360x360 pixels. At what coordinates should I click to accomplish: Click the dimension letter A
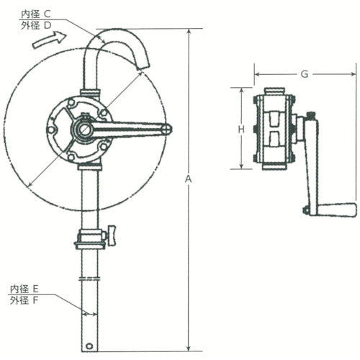click(189, 178)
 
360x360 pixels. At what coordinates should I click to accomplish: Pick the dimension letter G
click(305, 73)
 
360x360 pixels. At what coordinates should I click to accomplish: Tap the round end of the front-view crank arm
click(166, 130)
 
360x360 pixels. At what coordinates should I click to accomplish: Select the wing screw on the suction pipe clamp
click(112, 234)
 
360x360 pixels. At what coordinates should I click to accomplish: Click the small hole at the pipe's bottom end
click(88, 346)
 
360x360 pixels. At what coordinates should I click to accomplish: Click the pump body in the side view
click(274, 130)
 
